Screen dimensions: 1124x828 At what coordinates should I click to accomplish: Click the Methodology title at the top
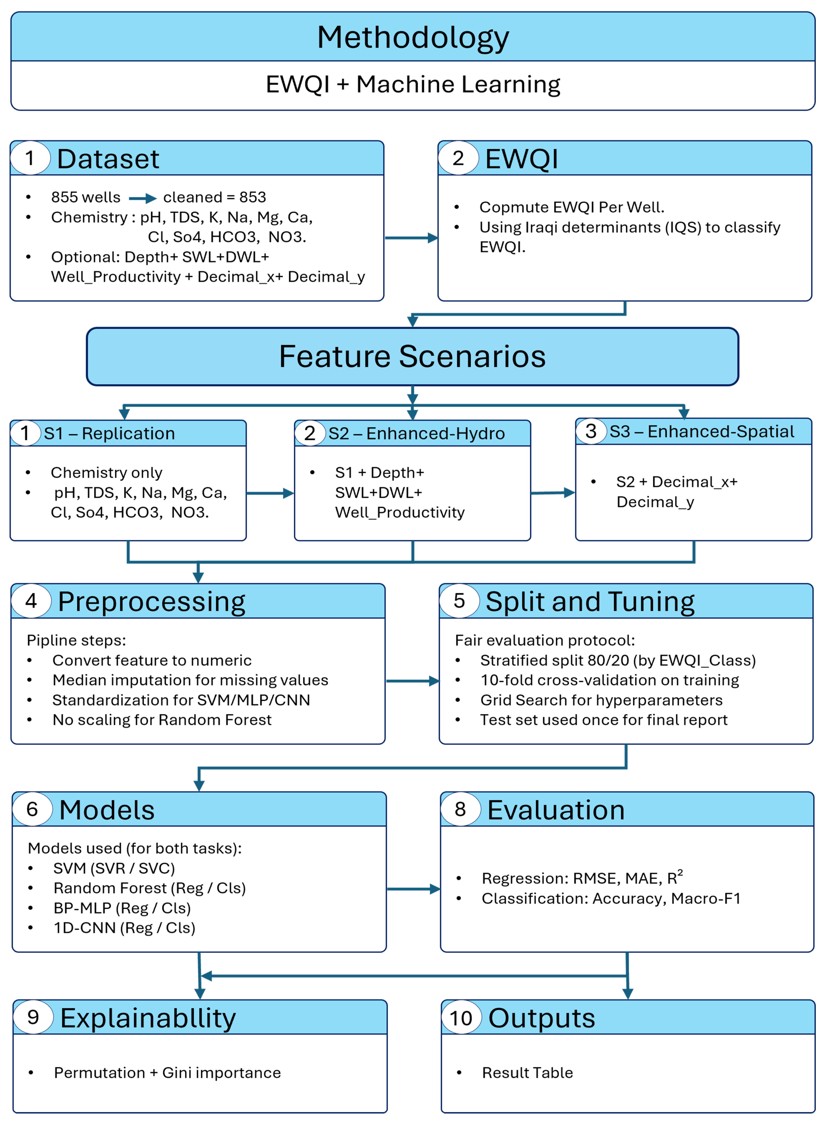point(413,38)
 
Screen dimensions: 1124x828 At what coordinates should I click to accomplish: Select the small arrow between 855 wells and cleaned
point(142,198)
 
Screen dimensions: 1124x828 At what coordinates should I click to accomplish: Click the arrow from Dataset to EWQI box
point(411,238)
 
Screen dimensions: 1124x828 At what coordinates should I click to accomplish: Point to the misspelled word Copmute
point(513,207)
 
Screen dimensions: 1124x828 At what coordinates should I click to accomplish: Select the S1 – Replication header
point(109,434)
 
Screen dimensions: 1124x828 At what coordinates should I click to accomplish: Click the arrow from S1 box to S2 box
point(270,493)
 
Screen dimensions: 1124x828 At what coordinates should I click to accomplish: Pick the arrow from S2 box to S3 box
point(552,493)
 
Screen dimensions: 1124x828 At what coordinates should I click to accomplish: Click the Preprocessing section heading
point(151,601)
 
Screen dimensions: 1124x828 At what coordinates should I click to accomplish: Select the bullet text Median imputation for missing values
point(191,680)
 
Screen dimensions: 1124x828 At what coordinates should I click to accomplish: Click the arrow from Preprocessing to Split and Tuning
point(412,681)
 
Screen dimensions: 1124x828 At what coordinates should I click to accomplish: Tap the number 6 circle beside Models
point(32,809)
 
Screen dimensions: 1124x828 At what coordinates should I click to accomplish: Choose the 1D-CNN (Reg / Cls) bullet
point(124,928)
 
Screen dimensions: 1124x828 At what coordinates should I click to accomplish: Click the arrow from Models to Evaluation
point(413,890)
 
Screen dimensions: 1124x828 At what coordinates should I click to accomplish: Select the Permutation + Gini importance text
point(167,1073)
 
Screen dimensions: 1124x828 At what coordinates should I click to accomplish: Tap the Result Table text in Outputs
point(527,1073)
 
